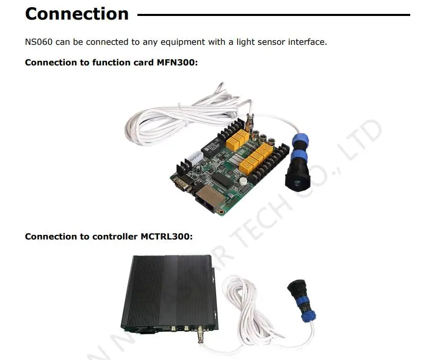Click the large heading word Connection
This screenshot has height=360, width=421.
(77, 14)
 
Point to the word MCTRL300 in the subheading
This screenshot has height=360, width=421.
(166, 236)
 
